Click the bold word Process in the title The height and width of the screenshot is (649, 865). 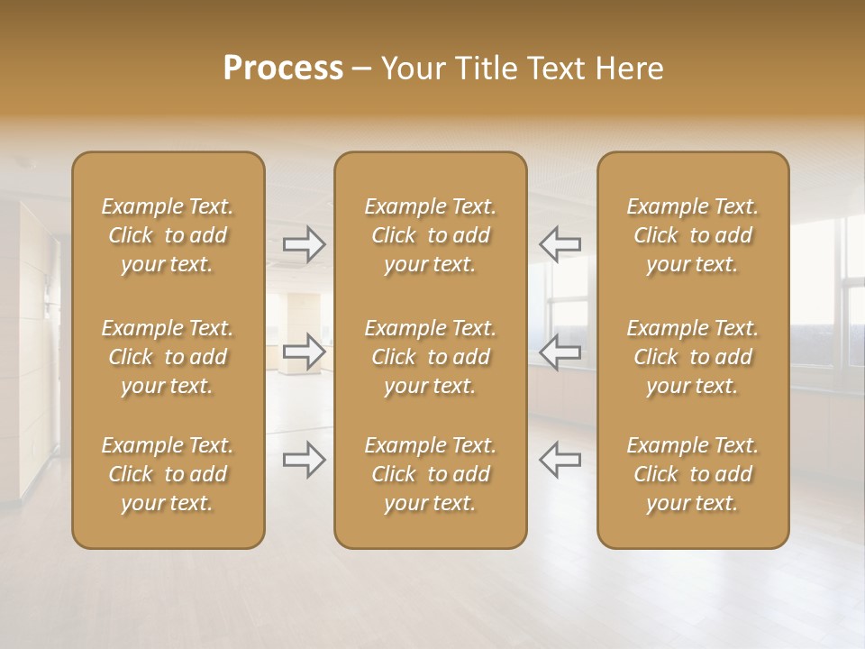pyautogui.click(x=283, y=69)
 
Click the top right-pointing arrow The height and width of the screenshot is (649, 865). pyautogui.click(x=304, y=243)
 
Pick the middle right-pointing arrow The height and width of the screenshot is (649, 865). pyautogui.click(x=304, y=351)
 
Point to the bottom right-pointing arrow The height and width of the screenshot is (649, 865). pyautogui.click(x=304, y=459)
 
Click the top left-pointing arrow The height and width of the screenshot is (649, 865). pyautogui.click(x=560, y=243)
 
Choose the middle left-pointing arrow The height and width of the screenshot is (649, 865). pyautogui.click(x=560, y=351)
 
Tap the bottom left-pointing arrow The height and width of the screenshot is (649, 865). pyautogui.click(x=560, y=459)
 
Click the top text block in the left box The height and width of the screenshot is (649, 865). pyautogui.click(x=168, y=235)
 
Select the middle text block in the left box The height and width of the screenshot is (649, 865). pyautogui.click(x=168, y=357)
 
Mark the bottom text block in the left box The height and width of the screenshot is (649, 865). pyautogui.click(x=168, y=474)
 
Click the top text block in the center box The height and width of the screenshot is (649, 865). pyautogui.click(x=431, y=235)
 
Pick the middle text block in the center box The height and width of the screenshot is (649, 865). pyautogui.click(x=431, y=357)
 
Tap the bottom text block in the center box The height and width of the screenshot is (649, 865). pyautogui.click(x=431, y=474)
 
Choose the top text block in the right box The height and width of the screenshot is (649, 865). pyautogui.click(x=693, y=235)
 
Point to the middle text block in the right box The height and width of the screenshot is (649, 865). pyautogui.click(x=693, y=357)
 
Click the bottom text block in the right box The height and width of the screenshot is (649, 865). pyautogui.click(x=693, y=474)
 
